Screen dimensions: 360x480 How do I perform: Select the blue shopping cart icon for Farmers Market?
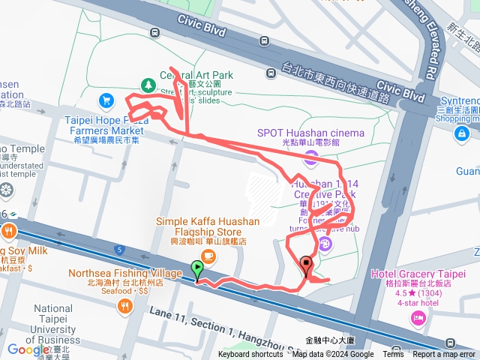pos(106,100)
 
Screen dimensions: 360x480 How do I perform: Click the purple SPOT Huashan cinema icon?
pos(310,157)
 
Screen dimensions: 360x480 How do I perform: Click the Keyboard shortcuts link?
pos(250,355)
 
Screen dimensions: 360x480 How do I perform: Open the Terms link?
pos(393,355)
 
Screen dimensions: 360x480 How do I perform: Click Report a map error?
pos(445,355)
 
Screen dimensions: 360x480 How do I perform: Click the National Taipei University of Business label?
pos(53,324)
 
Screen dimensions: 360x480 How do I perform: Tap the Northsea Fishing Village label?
pos(124,273)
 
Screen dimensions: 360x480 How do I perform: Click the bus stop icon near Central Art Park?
pos(154,33)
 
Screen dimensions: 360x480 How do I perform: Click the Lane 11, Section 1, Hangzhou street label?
pos(210,319)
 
